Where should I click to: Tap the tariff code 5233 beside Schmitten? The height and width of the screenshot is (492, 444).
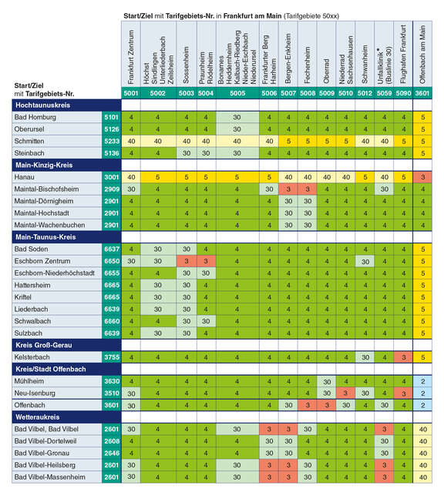[112, 141]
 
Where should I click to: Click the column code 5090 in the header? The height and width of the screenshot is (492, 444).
[403, 93]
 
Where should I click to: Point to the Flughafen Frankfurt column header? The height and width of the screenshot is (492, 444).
[403, 54]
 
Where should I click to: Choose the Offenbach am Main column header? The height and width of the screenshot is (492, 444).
[422, 54]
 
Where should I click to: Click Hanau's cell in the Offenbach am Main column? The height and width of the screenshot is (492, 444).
[422, 177]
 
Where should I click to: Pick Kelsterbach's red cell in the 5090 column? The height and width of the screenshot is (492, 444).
[403, 357]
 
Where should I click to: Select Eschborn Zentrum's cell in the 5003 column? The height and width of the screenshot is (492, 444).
[187, 261]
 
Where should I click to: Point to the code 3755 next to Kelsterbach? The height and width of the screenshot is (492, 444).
[112, 357]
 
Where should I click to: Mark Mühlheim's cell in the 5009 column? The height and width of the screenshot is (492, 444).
[327, 381]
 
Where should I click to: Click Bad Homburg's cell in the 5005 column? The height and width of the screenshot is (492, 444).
[237, 117]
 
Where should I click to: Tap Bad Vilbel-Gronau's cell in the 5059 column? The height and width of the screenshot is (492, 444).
[384, 453]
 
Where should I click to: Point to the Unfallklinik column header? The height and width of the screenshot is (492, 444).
[384, 54]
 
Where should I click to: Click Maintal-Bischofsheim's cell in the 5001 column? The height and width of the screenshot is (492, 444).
[131, 189]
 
